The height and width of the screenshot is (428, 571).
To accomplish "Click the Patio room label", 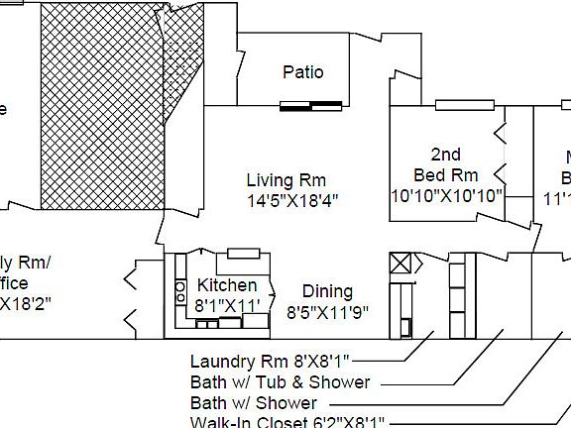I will pos(302,72).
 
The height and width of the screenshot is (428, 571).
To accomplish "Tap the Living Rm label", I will pos(285,180).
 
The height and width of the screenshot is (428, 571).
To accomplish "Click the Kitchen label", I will pos(227,286).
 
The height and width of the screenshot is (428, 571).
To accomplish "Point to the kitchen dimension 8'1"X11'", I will pos(227,305).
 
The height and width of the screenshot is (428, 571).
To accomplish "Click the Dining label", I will pos(327,291).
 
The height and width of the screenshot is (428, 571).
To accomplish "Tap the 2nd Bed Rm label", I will pos(446,164).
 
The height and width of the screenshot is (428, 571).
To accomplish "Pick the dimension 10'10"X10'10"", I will pos(447,194).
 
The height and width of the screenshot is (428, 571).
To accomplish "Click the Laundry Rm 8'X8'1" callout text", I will pos(270,362).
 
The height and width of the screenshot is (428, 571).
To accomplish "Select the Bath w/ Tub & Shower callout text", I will pos(280,382).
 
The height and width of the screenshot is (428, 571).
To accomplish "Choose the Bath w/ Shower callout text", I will pos(254,403).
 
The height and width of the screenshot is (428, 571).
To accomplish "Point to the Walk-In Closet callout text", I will pos(287,422).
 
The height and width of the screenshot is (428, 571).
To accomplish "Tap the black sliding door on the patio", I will pos(311,106).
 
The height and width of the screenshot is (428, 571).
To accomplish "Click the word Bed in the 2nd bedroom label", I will pos(431,175).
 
